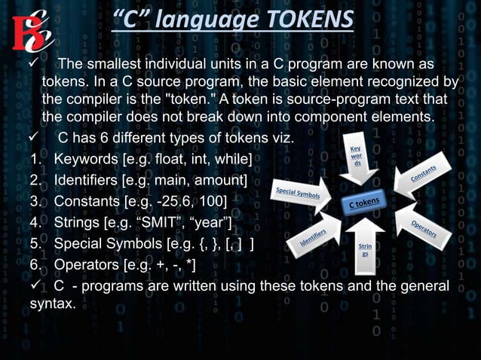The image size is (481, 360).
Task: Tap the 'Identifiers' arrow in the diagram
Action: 312,236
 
